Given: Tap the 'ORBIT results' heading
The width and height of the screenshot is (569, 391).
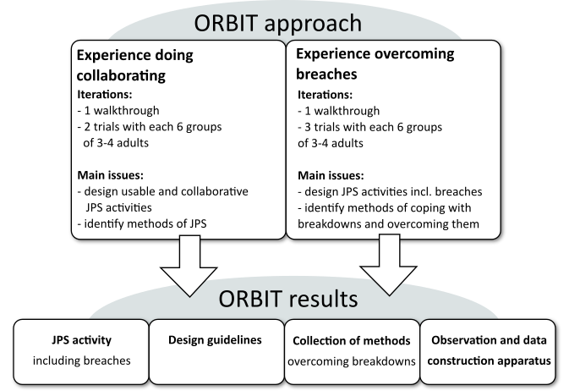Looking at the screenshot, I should (x=284, y=299).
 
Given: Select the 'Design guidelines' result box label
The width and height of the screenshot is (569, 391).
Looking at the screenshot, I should (x=215, y=340).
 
